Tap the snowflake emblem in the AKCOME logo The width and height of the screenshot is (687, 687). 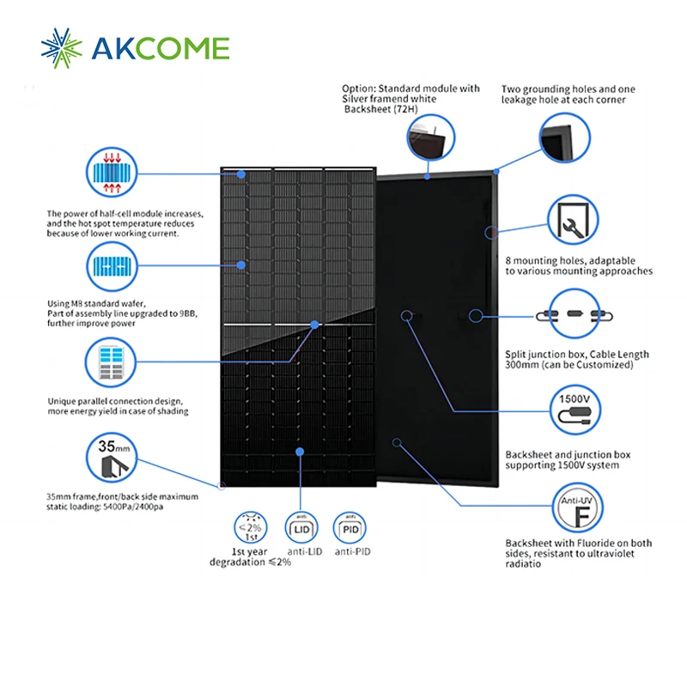pyautogui.click(x=63, y=47)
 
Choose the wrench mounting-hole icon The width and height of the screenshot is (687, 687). pyautogui.click(x=574, y=221)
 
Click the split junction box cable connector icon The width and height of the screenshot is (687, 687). pyautogui.click(x=575, y=315)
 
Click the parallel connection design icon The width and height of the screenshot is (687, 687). pyautogui.click(x=112, y=364)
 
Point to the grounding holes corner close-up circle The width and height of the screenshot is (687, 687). pyautogui.click(x=565, y=139)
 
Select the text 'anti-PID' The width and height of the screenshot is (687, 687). pyautogui.click(x=350, y=551)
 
